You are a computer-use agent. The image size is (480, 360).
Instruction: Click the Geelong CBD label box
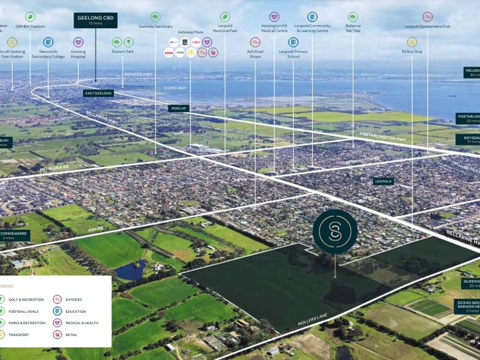point(95,20)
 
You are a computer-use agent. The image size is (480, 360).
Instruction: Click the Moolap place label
point(178,108)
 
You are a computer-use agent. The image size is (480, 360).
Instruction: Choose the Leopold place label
point(382,181)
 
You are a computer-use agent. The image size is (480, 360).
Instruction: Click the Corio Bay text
point(172,88)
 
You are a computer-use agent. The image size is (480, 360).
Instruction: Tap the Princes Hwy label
point(133,74)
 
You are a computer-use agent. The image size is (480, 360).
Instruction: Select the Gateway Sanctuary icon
point(155,17)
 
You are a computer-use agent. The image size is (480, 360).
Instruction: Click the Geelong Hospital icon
point(79,42)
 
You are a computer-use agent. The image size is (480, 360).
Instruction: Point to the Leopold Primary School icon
point(293,42)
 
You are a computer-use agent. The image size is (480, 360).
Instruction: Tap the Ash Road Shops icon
point(255,42)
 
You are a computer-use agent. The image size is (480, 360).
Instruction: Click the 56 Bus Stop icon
point(412,42)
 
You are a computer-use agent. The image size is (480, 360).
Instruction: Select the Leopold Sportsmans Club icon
point(427,17)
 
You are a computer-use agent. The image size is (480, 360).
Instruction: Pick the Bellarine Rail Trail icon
point(353,17)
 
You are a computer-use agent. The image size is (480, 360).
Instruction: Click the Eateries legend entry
point(58,299)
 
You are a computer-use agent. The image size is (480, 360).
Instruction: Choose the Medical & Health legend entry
point(58,323)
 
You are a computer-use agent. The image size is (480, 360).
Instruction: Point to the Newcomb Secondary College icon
point(48,42)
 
